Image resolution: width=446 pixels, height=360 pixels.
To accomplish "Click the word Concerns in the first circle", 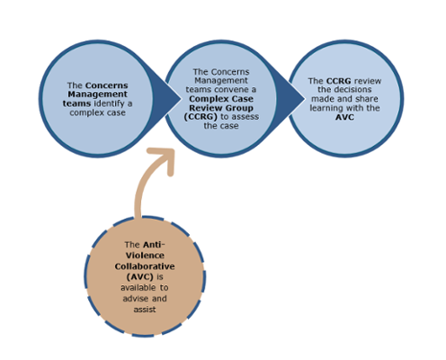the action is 107,85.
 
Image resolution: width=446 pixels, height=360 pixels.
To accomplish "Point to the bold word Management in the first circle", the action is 97,94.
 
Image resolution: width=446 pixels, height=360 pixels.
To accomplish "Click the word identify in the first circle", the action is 109,103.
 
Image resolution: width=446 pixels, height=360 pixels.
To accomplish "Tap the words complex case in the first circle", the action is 97,112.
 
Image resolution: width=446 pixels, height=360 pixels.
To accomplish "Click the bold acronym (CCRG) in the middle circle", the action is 201,117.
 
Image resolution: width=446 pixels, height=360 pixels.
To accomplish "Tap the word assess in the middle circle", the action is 245,117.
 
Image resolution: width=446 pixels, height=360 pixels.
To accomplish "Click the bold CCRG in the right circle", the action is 338,81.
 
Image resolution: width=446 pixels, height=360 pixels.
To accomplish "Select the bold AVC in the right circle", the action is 344,117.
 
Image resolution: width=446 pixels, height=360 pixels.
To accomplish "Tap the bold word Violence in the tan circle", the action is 145,256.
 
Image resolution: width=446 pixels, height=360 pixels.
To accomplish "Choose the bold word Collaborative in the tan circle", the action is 145,266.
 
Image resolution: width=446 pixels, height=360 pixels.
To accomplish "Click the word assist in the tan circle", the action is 145,310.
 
